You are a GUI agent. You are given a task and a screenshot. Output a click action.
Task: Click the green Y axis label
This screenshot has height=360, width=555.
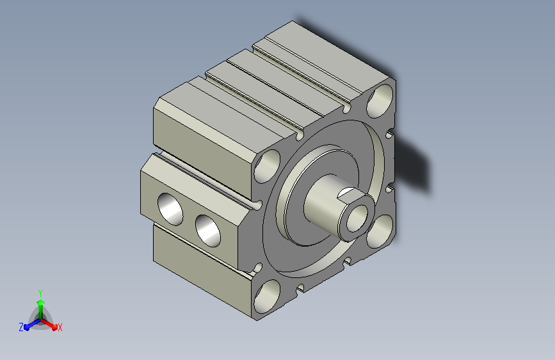point(40,293)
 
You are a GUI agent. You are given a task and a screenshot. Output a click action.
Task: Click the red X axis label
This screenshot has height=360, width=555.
point(60,328)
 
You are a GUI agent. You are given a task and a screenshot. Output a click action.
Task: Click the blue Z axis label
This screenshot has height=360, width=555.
point(21,327)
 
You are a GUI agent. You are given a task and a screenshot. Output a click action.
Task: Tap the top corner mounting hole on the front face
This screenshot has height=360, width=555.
point(380,101)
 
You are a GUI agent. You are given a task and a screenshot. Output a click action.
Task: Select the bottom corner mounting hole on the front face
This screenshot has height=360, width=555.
point(267,296)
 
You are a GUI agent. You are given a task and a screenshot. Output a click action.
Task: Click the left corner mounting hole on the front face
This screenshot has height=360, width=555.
point(267,166)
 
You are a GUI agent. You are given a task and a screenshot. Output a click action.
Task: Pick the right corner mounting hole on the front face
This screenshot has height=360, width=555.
point(380,231)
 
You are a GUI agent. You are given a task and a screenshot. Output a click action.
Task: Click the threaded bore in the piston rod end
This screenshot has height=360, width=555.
point(357,218)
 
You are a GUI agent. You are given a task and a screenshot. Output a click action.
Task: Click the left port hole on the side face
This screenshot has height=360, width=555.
point(170,209)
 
